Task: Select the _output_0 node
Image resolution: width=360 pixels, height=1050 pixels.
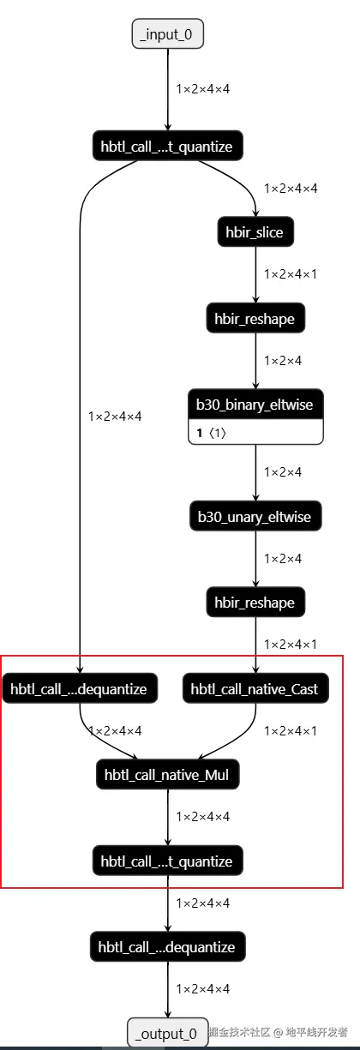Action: pyautogui.click(x=168, y=1033)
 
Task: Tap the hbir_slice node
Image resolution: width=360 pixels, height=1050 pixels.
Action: pyautogui.click(x=255, y=232)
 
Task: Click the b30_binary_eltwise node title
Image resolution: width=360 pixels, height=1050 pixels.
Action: pyautogui.click(x=255, y=405)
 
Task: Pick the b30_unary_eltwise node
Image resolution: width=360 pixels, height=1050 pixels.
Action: pyautogui.click(x=255, y=517)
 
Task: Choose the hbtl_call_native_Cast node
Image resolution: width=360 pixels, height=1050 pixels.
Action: pyautogui.click(x=255, y=689)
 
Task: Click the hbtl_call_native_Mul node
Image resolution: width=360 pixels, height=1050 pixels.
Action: pyautogui.click(x=168, y=775)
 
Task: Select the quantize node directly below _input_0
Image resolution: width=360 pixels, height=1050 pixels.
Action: pyautogui.click(x=168, y=147)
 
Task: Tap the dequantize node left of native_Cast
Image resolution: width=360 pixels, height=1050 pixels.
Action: pyautogui.click(x=80, y=689)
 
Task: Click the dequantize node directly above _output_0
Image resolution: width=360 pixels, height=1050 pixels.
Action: pyautogui.click(x=168, y=947)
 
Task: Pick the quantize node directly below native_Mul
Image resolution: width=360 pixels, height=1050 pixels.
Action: pyautogui.click(x=168, y=861)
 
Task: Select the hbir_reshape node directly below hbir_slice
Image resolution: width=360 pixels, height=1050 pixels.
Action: pyautogui.click(x=255, y=319)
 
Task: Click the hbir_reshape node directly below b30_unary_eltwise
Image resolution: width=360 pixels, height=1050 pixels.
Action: pyautogui.click(x=255, y=603)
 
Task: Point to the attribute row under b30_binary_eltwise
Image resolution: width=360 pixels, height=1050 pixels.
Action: pyautogui.click(x=255, y=433)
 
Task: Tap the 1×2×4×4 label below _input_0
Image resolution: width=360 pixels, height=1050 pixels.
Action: pyautogui.click(x=202, y=89)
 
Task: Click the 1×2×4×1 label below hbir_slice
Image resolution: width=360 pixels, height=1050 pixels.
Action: pyautogui.click(x=291, y=274)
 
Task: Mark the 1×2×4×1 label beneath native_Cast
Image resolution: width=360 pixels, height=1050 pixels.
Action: pyautogui.click(x=291, y=731)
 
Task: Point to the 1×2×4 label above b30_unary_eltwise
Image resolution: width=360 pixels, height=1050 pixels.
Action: pyautogui.click(x=283, y=472)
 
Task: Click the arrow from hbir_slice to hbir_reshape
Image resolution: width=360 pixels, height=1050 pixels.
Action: pyautogui.click(x=255, y=275)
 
